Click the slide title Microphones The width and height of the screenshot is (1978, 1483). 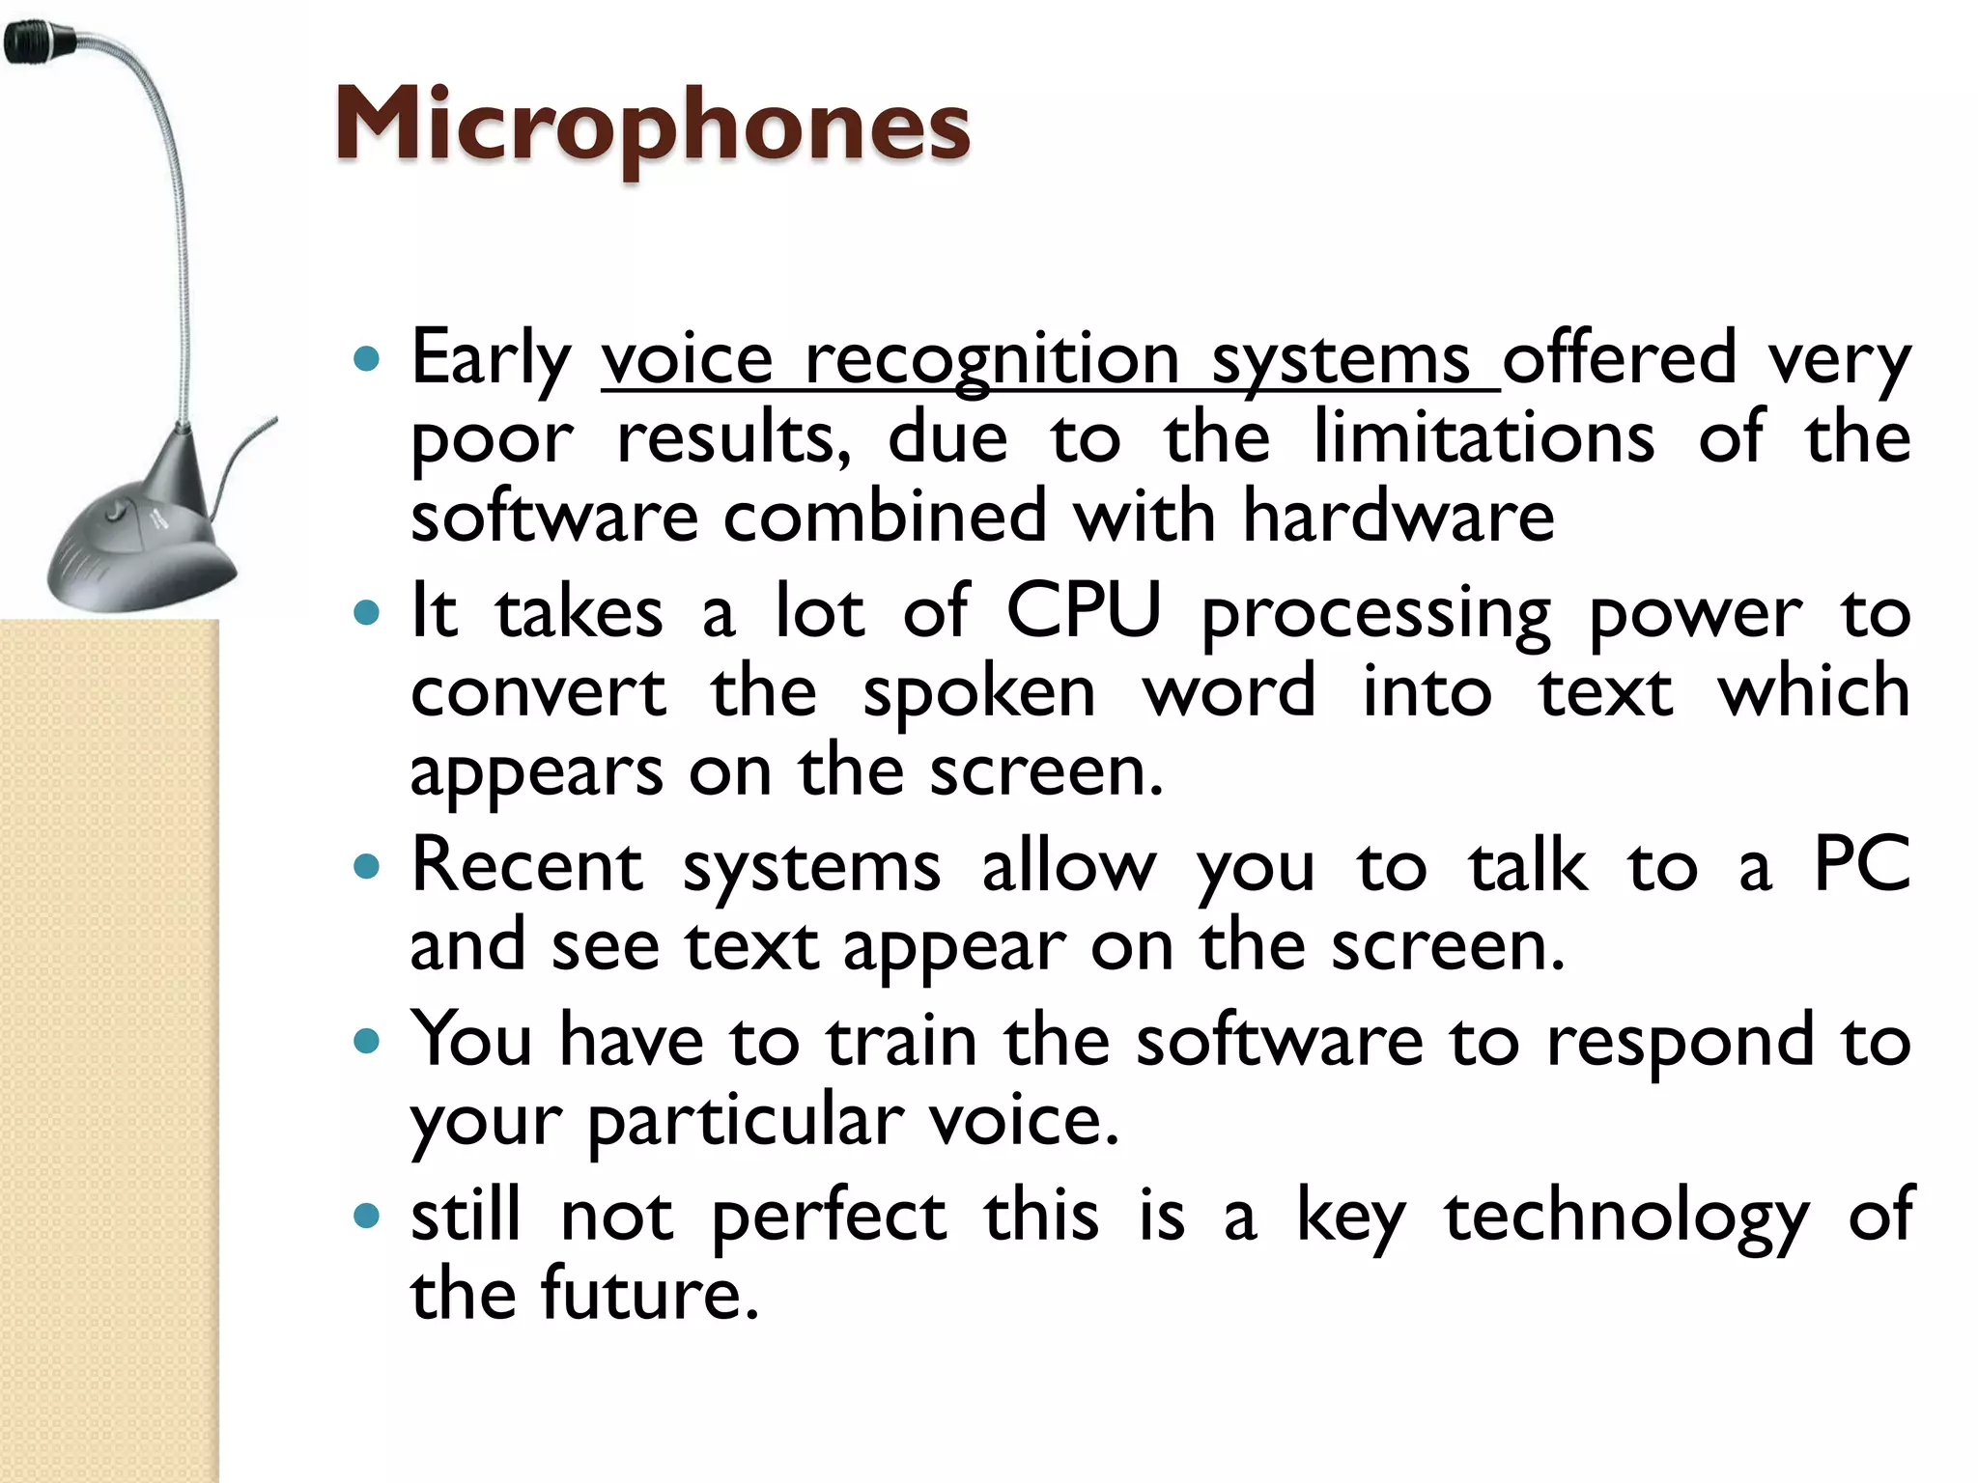(x=652, y=126)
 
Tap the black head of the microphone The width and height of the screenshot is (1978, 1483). (x=39, y=43)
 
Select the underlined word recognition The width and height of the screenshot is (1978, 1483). (x=992, y=359)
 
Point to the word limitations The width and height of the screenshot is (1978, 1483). (x=1483, y=437)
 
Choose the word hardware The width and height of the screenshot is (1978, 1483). (x=1398, y=517)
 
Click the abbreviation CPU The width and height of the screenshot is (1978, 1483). (x=1083, y=612)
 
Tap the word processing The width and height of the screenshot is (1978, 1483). (x=1375, y=616)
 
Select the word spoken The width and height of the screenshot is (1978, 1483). (x=978, y=693)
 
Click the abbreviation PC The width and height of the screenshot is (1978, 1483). (x=1861, y=864)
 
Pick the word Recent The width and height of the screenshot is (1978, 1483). (x=526, y=865)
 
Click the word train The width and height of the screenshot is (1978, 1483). (x=900, y=1041)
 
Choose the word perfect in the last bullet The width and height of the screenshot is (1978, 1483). (x=828, y=1217)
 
